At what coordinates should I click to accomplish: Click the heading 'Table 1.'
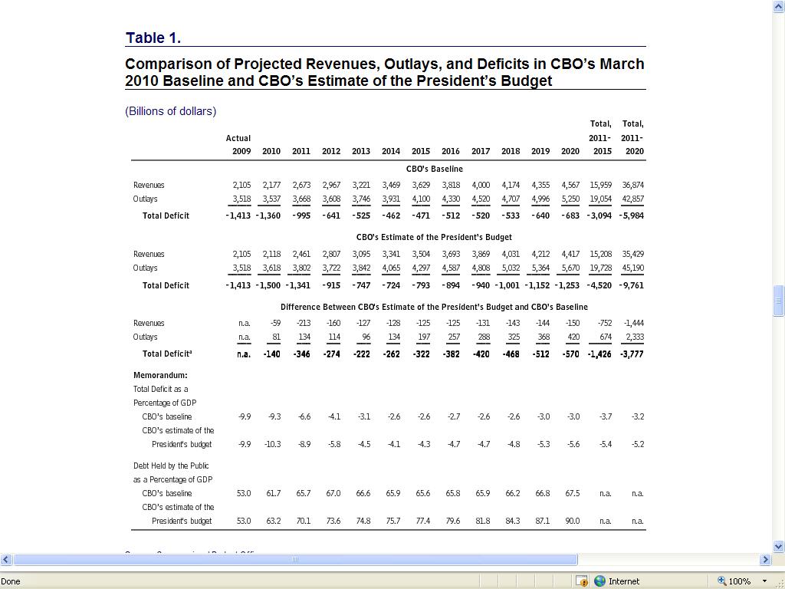point(153,38)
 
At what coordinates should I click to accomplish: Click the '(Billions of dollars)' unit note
point(170,111)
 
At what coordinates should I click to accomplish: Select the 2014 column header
point(391,151)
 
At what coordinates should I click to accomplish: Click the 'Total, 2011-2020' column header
point(633,137)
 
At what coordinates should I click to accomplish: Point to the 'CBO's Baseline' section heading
point(434,169)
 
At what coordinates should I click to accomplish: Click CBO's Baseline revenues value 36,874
point(633,185)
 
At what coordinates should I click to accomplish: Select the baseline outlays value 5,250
point(570,199)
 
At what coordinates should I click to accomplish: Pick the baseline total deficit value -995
point(301,216)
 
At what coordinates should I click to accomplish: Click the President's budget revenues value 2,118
point(271,254)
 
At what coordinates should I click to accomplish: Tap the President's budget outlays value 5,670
point(570,268)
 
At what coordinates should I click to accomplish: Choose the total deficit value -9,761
point(632,285)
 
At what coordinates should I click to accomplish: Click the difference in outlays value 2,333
point(634,337)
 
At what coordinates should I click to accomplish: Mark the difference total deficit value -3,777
point(632,354)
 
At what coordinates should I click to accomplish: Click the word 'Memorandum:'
point(160,375)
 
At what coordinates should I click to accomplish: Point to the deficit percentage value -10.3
point(273,444)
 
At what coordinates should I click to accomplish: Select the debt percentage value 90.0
point(572,521)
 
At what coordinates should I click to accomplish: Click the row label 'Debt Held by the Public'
point(171,466)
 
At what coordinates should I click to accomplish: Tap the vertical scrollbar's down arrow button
point(779,547)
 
